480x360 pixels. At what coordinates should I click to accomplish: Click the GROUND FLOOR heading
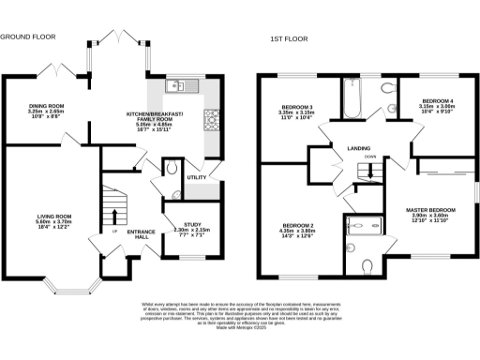click(27, 37)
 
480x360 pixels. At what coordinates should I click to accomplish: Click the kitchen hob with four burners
click(212, 118)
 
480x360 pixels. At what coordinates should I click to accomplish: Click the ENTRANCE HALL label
click(141, 234)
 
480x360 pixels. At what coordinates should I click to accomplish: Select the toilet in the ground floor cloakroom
click(170, 169)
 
